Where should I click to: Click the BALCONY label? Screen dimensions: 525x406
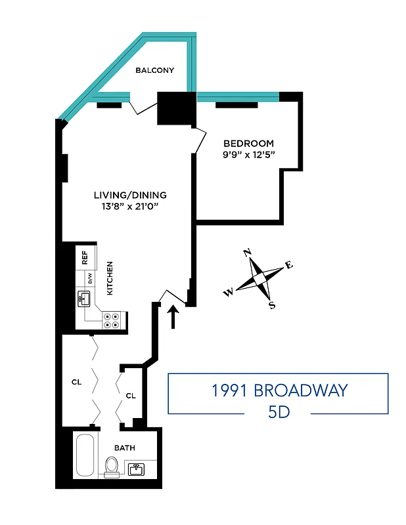154,70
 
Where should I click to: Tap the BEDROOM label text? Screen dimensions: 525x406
248,144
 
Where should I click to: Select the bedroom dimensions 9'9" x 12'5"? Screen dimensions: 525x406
248,156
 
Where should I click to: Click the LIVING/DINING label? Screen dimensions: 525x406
130,195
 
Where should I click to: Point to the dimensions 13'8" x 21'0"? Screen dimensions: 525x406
130,207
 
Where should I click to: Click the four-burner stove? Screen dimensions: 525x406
110,320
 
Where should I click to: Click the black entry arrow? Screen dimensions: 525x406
173,318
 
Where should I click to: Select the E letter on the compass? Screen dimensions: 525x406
288,265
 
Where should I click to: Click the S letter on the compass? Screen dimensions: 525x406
272,305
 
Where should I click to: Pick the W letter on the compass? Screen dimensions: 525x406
228,293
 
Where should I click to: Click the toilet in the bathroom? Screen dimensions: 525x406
112,467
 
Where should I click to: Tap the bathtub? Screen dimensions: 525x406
85,455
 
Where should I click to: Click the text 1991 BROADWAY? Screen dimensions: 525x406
279,391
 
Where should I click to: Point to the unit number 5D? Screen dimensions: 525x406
279,413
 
